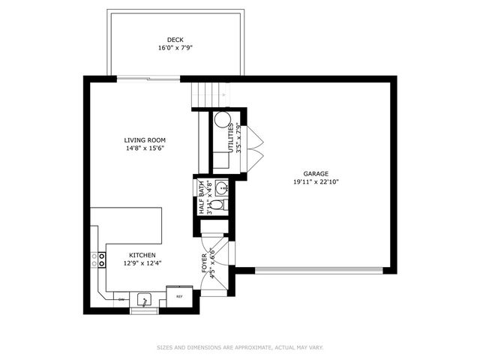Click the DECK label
click(x=175, y=40)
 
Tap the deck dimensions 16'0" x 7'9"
click(x=175, y=48)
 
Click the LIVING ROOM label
click(x=145, y=140)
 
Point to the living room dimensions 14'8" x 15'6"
click(x=145, y=148)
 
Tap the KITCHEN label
click(x=142, y=255)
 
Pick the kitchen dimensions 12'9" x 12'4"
click(x=142, y=263)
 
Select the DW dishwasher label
click(x=121, y=299)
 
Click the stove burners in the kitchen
click(x=98, y=259)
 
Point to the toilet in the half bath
click(x=216, y=204)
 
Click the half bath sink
click(x=222, y=188)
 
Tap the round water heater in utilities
click(x=222, y=120)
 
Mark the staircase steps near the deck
click(x=208, y=94)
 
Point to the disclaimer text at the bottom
click(x=240, y=347)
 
